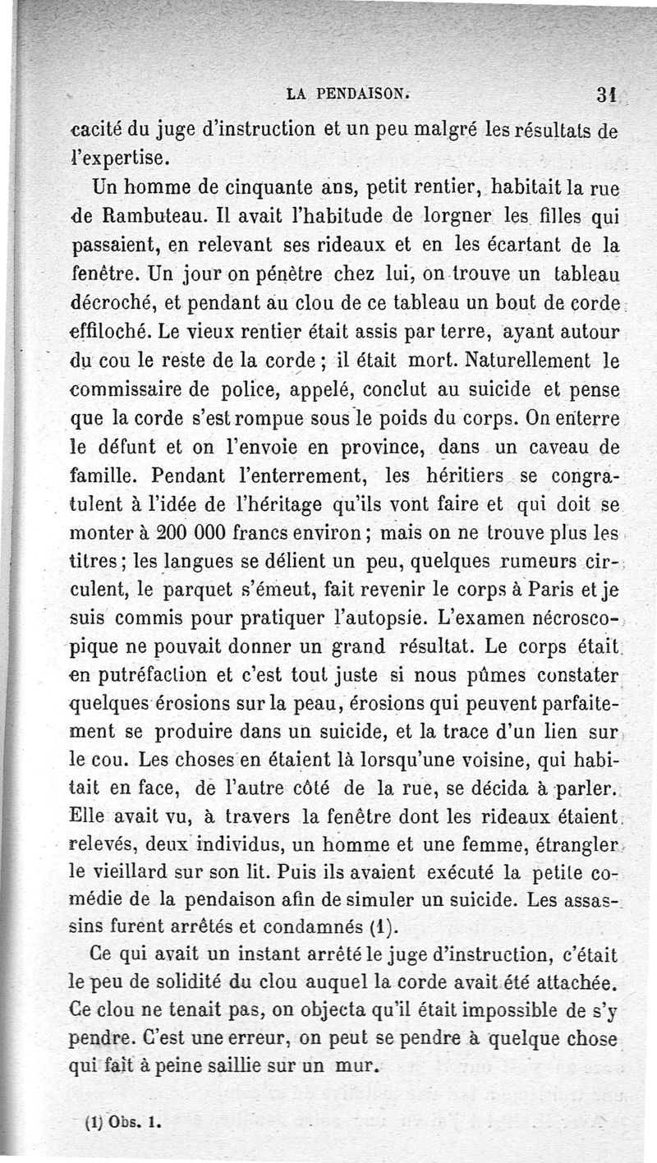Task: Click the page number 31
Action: pos(607,97)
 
